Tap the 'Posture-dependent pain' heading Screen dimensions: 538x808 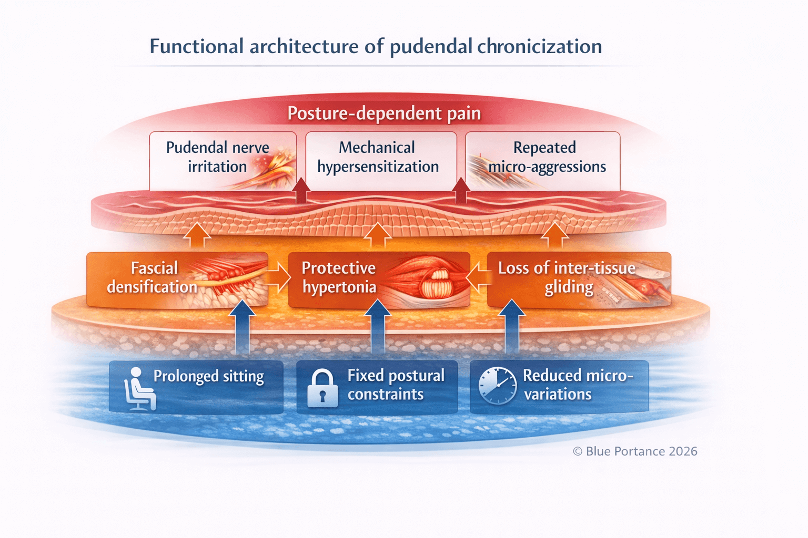384,113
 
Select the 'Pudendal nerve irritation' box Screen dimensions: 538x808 218,157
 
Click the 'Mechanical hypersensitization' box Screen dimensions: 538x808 378,157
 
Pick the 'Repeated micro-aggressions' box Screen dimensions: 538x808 546,157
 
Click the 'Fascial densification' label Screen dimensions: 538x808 153,277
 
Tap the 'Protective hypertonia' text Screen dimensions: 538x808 339,277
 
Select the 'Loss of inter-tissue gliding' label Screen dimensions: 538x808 567,277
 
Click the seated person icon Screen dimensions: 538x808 138,389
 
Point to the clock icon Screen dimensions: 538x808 497,386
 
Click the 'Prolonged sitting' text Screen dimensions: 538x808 208,377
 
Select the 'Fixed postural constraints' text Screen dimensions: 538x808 395,385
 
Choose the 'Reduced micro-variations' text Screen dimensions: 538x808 577,385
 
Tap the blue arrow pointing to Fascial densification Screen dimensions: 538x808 243,326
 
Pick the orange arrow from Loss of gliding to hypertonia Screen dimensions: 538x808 478,277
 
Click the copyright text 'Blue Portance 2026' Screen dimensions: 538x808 635,451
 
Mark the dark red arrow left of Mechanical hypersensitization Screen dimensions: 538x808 301,191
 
